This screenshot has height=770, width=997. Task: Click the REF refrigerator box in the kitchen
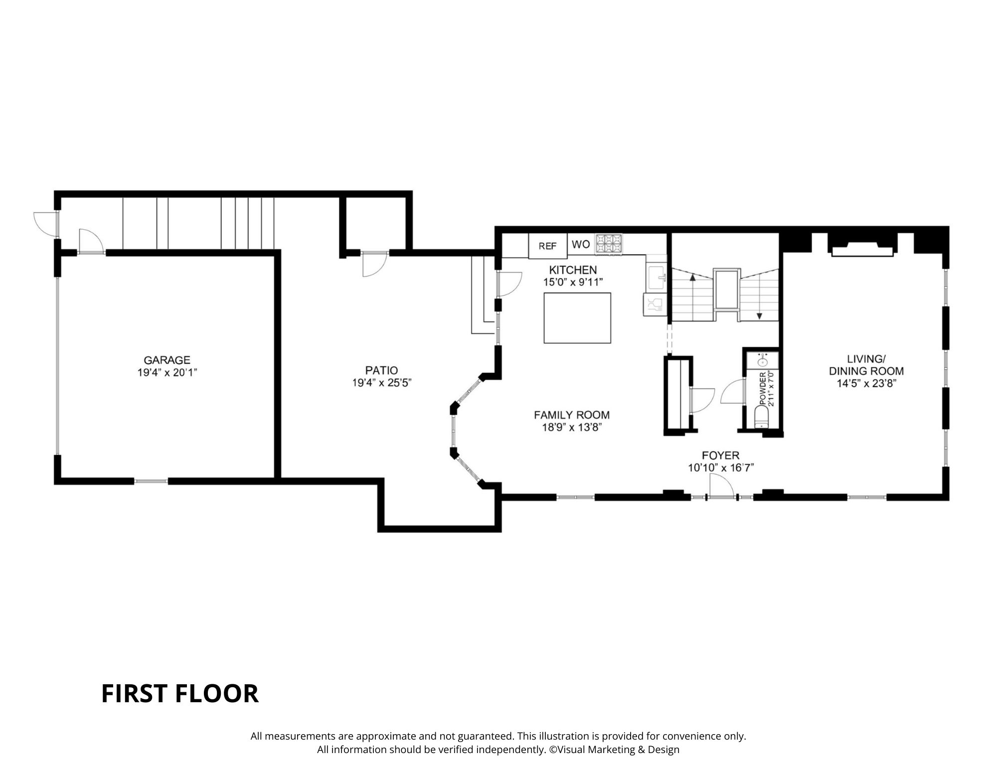pos(547,246)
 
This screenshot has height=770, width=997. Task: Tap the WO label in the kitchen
pos(581,244)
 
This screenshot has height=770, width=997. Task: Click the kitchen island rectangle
pos(577,318)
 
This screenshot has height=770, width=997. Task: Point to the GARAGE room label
pos(167,360)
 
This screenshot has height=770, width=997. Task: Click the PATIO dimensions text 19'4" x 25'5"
pos(382,383)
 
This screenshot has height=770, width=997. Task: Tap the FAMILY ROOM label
pos(572,415)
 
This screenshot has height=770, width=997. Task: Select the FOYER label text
pos(720,455)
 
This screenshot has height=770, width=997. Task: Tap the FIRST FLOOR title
pos(180,693)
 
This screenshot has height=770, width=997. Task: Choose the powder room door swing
pos(731,392)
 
